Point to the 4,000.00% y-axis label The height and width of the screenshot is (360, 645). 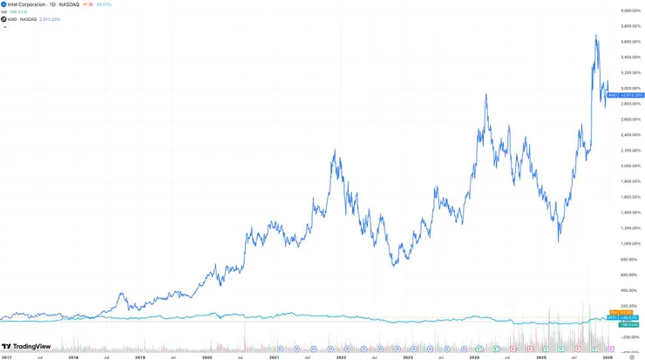click(621, 10)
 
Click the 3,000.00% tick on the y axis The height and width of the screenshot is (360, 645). click(621, 88)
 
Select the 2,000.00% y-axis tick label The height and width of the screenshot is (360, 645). click(621, 166)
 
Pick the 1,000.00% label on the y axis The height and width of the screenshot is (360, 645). click(621, 243)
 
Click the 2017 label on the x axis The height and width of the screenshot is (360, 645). click(6, 357)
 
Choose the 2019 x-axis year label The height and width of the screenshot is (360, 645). click(139, 357)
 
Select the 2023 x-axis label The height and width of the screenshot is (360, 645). click(408, 357)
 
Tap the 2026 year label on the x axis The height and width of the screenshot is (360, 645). click(608, 357)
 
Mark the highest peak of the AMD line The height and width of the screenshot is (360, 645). click(596, 36)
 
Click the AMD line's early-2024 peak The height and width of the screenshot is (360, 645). click(485, 94)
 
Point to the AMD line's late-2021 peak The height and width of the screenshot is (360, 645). click(335, 150)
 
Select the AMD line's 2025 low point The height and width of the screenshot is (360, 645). click(559, 241)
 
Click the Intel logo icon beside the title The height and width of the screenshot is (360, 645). click(4, 4)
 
